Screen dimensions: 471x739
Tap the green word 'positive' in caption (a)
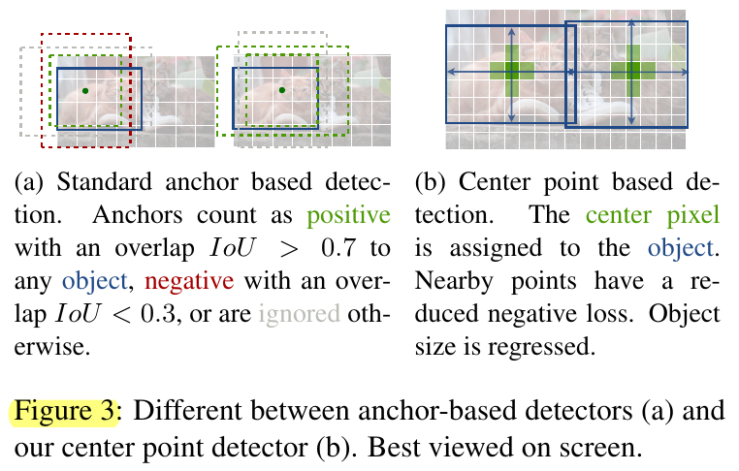pyautogui.click(x=353, y=216)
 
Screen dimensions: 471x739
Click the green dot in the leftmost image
pyautogui.click(x=85, y=91)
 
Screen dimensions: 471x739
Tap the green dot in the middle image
pyautogui.click(x=281, y=90)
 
